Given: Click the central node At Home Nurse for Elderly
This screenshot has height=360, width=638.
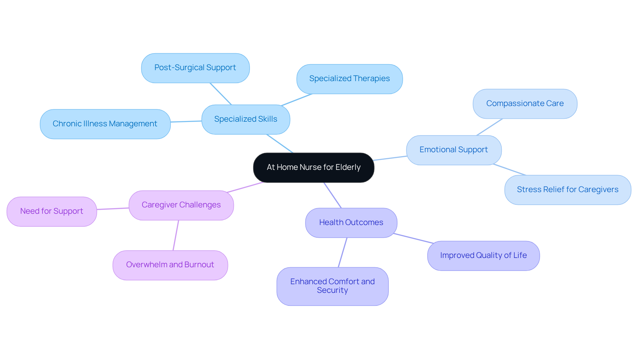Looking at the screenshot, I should coord(313,168).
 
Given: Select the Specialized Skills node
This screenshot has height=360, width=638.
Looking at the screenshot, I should coord(246,119).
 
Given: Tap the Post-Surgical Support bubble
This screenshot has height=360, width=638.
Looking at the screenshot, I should coord(195,68).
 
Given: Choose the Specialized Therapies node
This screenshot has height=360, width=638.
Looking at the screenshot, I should coord(349,79).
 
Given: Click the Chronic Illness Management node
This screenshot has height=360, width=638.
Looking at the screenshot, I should coord(105,124).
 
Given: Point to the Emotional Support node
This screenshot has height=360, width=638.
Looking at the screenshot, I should coord(454,150).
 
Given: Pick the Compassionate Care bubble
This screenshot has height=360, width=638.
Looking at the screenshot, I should coord(525,104).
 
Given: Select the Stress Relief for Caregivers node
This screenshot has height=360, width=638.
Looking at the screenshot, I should coord(567,190).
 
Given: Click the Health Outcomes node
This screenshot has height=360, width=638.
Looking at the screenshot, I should coord(351,223).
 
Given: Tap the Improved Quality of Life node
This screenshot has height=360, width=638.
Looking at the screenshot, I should coord(483,256).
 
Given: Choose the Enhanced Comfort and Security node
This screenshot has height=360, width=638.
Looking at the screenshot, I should coord(332,286).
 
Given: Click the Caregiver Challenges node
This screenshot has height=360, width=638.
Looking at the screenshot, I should coord(181,205).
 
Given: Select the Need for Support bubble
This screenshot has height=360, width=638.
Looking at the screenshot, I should coord(52,211).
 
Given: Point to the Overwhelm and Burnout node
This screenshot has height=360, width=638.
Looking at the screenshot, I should coord(170,265).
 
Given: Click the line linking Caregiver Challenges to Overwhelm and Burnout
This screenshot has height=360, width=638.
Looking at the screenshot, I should coord(176,235).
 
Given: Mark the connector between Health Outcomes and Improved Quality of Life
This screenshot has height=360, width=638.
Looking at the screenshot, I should coord(413,238).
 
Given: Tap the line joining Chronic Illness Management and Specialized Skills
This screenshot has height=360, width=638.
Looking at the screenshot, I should coord(186,121).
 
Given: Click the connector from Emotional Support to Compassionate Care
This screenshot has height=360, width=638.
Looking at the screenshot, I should coord(489,127).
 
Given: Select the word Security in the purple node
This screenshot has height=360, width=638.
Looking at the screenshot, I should coord(332,291).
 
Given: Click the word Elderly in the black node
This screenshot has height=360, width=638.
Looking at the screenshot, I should coord(348,168).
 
